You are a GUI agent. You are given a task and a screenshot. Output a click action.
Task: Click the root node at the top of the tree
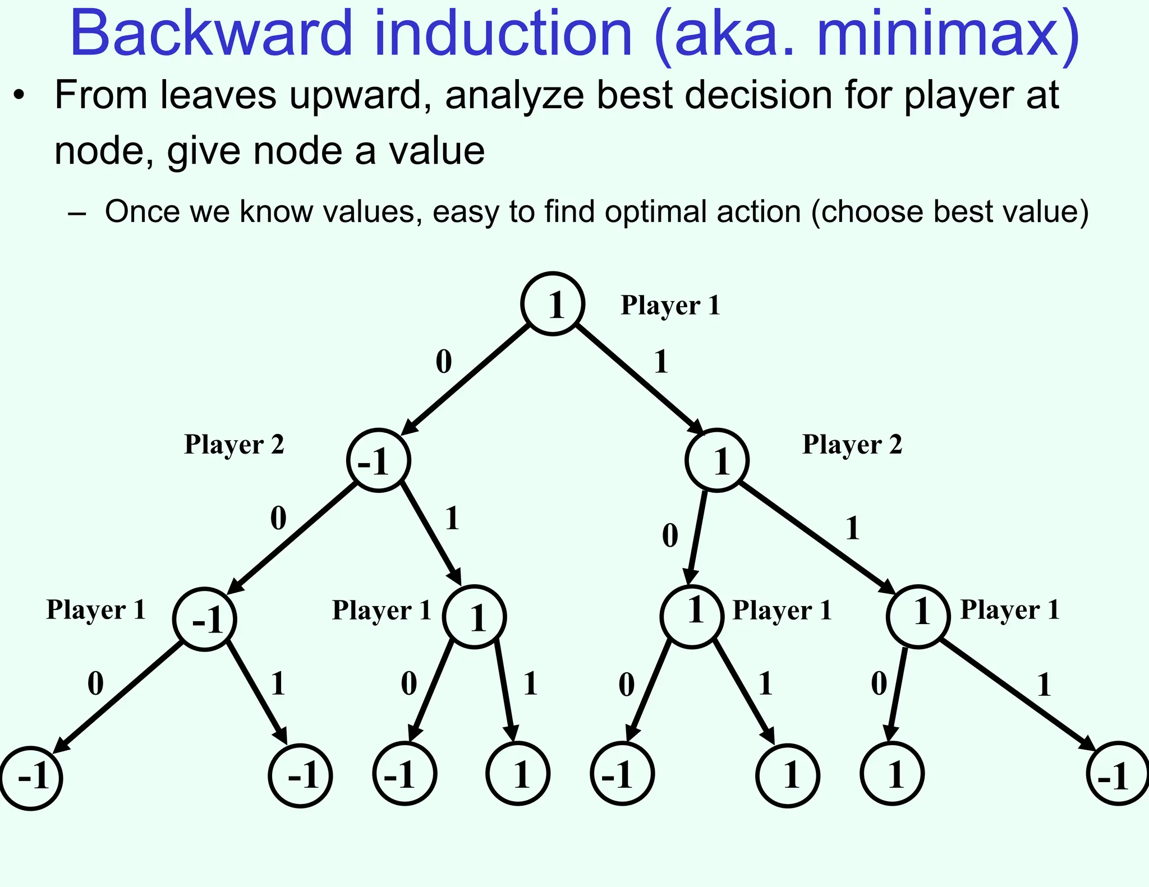pos(553,304)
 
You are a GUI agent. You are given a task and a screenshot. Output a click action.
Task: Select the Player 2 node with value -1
pos(378,460)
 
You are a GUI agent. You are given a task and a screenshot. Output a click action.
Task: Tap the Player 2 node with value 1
pos(717,460)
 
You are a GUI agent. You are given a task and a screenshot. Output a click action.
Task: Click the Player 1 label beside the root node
pos(670,306)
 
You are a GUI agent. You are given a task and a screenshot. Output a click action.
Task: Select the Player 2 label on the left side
pos(234,445)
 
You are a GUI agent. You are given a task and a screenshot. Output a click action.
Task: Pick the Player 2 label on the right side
pos(852,445)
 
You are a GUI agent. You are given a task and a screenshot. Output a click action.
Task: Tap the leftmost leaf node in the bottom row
pos(31,778)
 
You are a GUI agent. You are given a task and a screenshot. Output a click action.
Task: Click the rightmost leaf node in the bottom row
pos(1118,774)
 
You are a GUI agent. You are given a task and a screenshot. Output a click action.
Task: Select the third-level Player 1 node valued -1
pos(205,619)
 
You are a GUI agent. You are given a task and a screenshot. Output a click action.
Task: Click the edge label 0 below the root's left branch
pos(443,362)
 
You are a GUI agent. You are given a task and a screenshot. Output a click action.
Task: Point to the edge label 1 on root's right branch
pos(661,362)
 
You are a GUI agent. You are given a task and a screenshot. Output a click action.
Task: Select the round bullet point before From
pos(20,95)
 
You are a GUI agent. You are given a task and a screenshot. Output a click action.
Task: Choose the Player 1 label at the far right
pos(1010,609)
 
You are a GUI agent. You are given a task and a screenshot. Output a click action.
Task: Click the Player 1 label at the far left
pos(96,609)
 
